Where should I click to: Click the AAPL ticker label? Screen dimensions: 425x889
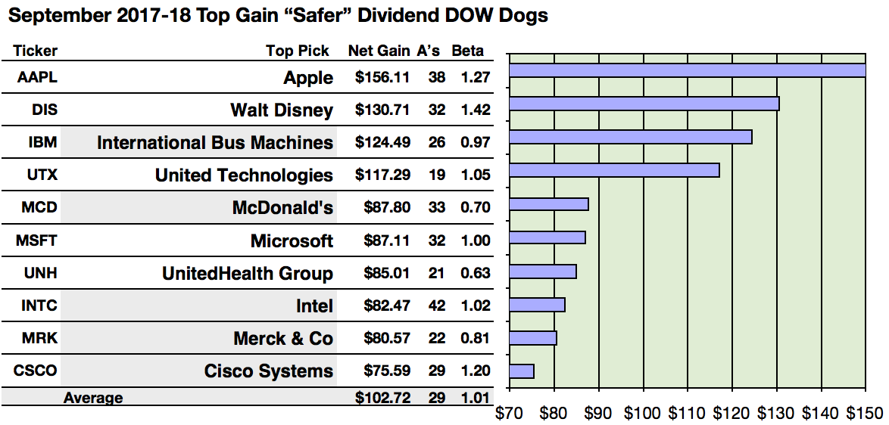pos(36,77)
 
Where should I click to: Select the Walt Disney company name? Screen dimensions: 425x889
pos(282,110)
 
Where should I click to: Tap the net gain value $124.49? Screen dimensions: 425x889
pos(382,142)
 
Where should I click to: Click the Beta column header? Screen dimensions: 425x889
pos(467,51)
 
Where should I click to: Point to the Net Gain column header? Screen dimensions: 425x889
pos(379,51)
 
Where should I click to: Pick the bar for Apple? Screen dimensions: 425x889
pos(687,70)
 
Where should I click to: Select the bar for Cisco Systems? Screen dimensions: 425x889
pos(522,371)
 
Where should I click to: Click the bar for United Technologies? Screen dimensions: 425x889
pos(614,170)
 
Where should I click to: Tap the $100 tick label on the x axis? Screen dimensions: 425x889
pos(643,413)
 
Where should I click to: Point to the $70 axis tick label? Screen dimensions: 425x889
pos(510,413)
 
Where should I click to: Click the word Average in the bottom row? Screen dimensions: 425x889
pos(93,398)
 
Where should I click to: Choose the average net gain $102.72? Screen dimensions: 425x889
pos(382,398)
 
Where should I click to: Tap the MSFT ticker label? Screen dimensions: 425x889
pos(36,240)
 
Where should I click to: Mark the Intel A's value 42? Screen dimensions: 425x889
pos(436,306)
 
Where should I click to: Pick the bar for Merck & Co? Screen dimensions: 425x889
pos(533,338)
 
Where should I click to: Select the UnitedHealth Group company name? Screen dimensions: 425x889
pos(248,274)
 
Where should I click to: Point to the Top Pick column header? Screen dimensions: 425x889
pos(298,51)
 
